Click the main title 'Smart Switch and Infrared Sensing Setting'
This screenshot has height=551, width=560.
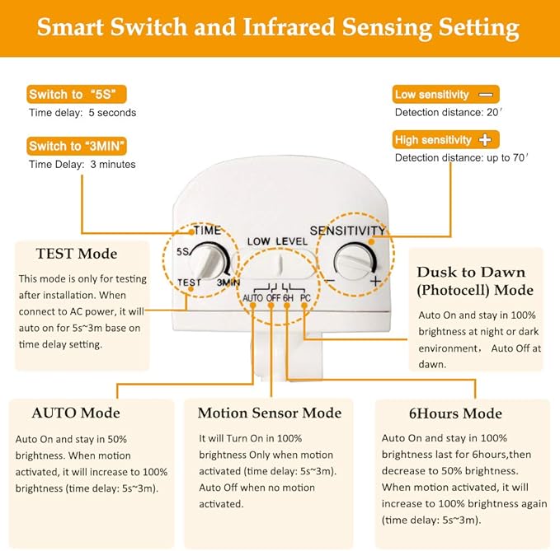279,27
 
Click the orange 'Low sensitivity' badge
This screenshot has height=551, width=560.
446,95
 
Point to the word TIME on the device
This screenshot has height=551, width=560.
207,231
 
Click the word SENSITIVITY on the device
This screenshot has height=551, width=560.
347,231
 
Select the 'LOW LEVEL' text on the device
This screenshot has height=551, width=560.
276,241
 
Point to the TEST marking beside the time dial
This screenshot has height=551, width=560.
189,283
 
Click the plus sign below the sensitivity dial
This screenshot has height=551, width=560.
375,282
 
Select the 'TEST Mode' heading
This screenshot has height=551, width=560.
77,254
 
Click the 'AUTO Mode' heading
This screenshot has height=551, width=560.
76,413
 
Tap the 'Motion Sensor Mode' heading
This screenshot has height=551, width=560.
270,413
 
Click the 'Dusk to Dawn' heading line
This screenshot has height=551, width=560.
471,272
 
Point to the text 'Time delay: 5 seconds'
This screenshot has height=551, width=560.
82,112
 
